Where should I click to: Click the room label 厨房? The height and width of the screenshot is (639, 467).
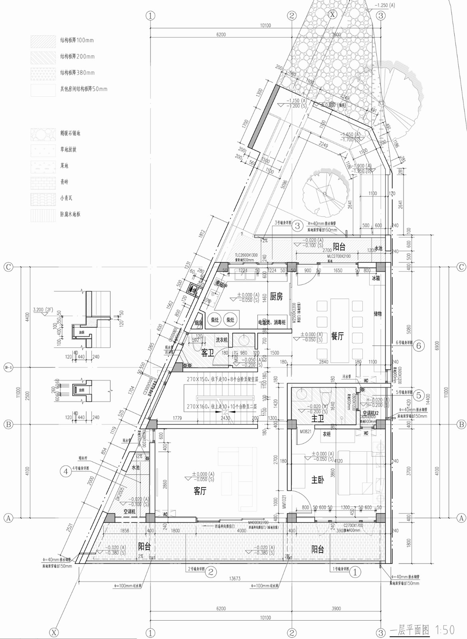[x=276, y=296]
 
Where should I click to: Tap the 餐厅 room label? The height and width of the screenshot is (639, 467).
[x=337, y=336]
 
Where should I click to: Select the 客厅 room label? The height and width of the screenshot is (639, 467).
[x=200, y=491]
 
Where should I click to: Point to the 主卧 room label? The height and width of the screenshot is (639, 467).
[x=318, y=480]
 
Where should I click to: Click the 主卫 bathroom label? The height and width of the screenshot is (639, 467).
[x=318, y=418]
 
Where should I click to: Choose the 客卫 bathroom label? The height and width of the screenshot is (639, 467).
[x=207, y=353]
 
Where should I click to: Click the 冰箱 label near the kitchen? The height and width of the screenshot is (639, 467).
[x=376, y=278]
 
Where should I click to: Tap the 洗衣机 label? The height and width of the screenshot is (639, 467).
[x=222, y=340]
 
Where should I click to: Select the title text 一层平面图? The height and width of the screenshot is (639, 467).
[x=410, y=630]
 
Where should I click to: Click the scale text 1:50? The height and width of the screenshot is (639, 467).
[x=445, y=630]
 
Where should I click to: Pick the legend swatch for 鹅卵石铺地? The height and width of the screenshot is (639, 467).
[x=43, y=134]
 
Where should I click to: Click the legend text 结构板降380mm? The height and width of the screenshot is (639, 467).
[x=77, y=73]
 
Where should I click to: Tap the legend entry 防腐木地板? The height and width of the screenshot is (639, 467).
[x=70, y=214]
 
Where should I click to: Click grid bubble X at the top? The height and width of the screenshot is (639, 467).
[x=332, y=14]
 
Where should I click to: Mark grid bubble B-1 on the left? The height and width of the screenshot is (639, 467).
[x=8, y=367]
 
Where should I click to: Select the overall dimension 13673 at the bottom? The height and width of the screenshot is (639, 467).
[x=235, y=578]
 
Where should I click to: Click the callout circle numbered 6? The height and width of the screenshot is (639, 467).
[x=418, y=345]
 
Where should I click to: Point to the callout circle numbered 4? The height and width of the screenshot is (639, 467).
[x=66, y=471]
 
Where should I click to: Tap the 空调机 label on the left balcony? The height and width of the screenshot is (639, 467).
[x=130, y=512]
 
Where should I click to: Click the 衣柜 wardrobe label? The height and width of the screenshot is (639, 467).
[x=327, y=434]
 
